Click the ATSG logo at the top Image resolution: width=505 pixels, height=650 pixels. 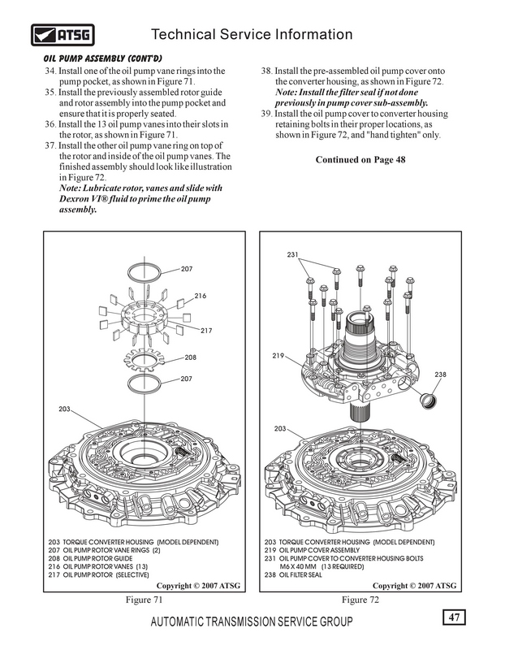tap(63, 35)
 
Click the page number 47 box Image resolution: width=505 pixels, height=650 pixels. tap(454, 617)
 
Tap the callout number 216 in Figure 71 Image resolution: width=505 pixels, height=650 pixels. tap(200, 296)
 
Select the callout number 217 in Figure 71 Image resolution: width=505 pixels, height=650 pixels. tap(206, 331)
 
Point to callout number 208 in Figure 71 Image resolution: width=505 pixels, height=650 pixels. tap(190, 357)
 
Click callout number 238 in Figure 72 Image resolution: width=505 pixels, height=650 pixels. tap(440, 375)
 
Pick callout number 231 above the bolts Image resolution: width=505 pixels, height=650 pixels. tap(292, 254)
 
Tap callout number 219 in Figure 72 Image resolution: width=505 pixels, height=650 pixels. tap(278, 356)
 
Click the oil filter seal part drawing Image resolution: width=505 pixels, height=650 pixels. tap(428, 401)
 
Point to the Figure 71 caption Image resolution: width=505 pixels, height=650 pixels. tap(145, 600)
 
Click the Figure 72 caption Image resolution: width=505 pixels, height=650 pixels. tap(360, 600)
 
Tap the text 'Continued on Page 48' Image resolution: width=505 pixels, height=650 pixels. tap(360, 159)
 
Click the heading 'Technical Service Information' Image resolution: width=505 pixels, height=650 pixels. tap(252, 34)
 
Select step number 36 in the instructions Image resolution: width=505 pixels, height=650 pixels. tap(50, 124)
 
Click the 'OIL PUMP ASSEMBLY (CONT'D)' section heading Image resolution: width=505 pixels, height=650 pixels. tap(103, 58)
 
